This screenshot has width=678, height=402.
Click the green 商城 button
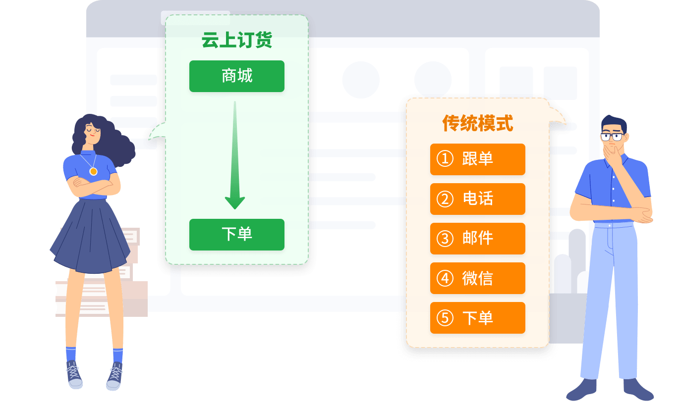[x=236, y=76]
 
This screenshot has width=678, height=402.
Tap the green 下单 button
[x=236, y=234]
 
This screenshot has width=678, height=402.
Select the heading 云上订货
[x=236, y=41]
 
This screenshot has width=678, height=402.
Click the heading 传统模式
[x=477, y=123]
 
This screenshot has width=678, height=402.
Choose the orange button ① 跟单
[x=477, y=159]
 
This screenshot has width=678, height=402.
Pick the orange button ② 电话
[x=477, y=199]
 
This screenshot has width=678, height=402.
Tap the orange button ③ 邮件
[x=477, y=238]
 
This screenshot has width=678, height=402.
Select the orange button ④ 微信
[x=477, y=278]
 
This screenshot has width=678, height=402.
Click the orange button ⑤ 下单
[x=477, y=317]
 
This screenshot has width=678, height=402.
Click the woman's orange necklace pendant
[x=93, y=171]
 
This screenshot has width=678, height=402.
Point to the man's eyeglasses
[x=612, y=137]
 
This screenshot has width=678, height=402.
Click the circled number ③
[x=445, y=238]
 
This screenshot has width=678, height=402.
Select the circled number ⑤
[x=445, y=317]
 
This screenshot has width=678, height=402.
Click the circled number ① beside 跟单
[x=445, y=159]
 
